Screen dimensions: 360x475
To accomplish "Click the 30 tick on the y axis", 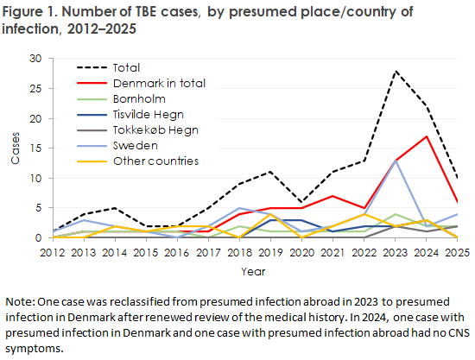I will (35, 59).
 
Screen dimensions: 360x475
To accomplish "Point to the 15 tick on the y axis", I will (35, 148).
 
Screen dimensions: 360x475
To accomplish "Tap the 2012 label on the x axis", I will (54, 251).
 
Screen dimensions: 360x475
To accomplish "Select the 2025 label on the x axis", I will (454, 251).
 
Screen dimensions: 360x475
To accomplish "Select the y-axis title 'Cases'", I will (15, 148).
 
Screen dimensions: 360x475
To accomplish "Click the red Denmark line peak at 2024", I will (424, 136).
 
